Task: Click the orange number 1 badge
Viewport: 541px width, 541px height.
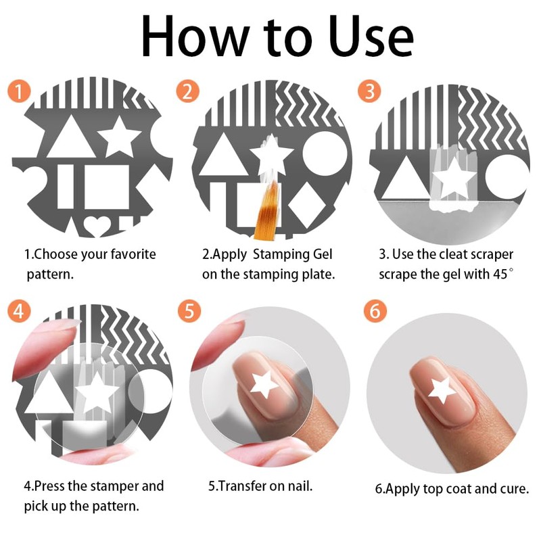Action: pyautogui.click(x=20, y=91)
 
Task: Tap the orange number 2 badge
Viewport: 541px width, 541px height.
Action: pyautogui.click(x=188, y=91)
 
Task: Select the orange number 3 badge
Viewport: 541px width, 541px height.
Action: pyautogui.click(x=369, y=91)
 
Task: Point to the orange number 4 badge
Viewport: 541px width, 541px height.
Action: pyautogui.click(x=20, y=310)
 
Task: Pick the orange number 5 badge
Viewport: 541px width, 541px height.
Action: pyautogui.click(x=189, y=310)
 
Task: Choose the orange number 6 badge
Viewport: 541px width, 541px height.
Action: pyautogui.click(x=375, y=310)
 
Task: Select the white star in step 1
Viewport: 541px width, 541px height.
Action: pyautogui.click(x=120, y=137)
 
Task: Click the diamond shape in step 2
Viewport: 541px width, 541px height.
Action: pyautogui.click(x=307, y=206)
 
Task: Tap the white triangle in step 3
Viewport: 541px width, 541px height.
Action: pyautogui.click(x=405, y=179)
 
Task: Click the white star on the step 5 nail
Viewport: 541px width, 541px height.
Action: pyautogui.click(x=264, y=385)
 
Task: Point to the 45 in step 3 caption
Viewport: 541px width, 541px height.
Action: pyautogui.click(x=500, y=274)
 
